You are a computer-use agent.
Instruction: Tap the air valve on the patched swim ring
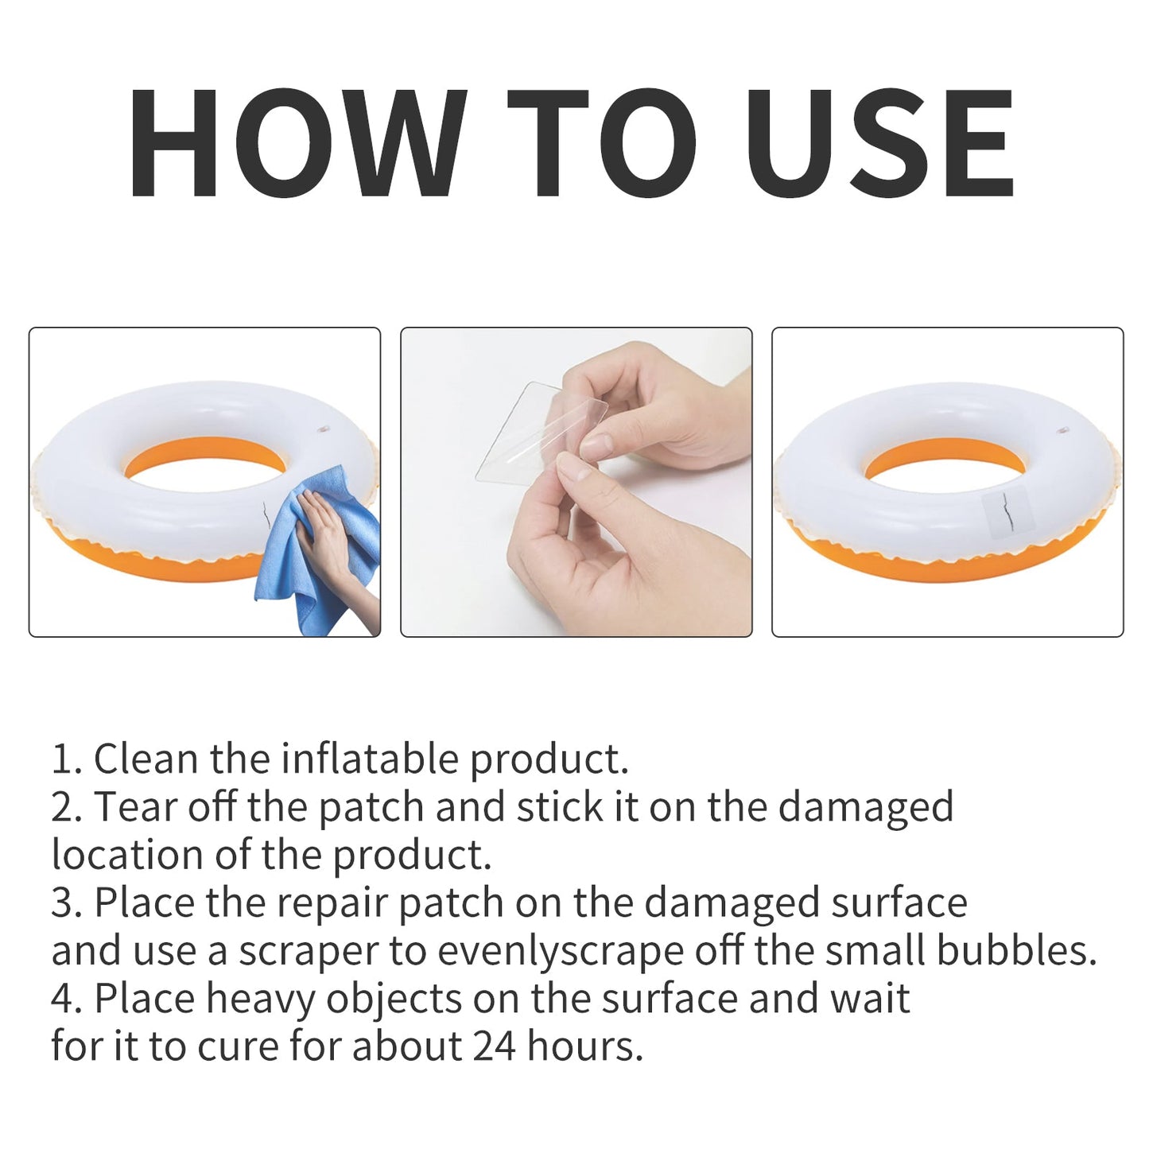click(x=1063, y=431)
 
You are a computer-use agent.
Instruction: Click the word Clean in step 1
click(x=146, y=759)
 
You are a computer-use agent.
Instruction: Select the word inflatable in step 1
click(x=370, y=759)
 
